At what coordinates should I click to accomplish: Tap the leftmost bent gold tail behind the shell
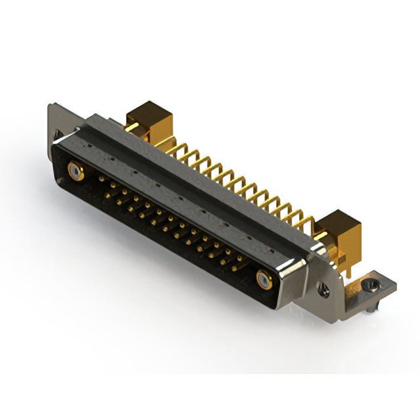pyautogui.click(x=172, y=150)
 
